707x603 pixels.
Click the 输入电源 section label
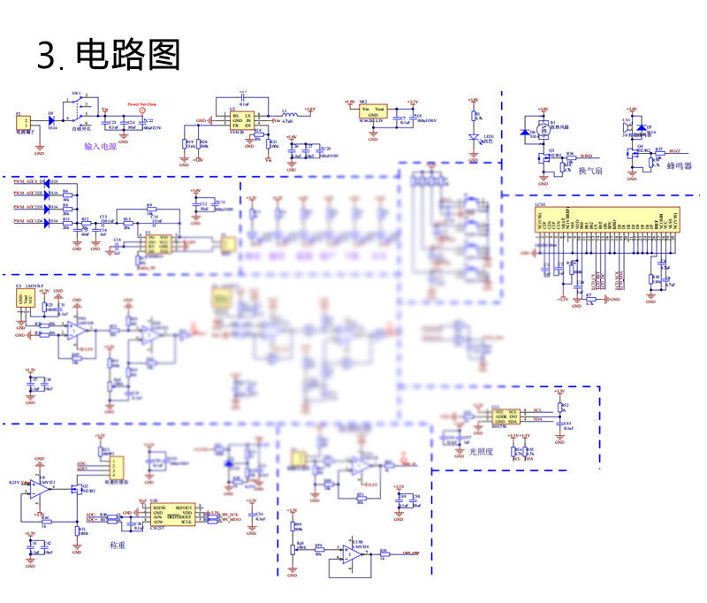point(100,147)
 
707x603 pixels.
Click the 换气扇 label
point(589,172)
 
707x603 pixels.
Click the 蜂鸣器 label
point(680,166)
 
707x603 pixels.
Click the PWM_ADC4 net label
point(30,180)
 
